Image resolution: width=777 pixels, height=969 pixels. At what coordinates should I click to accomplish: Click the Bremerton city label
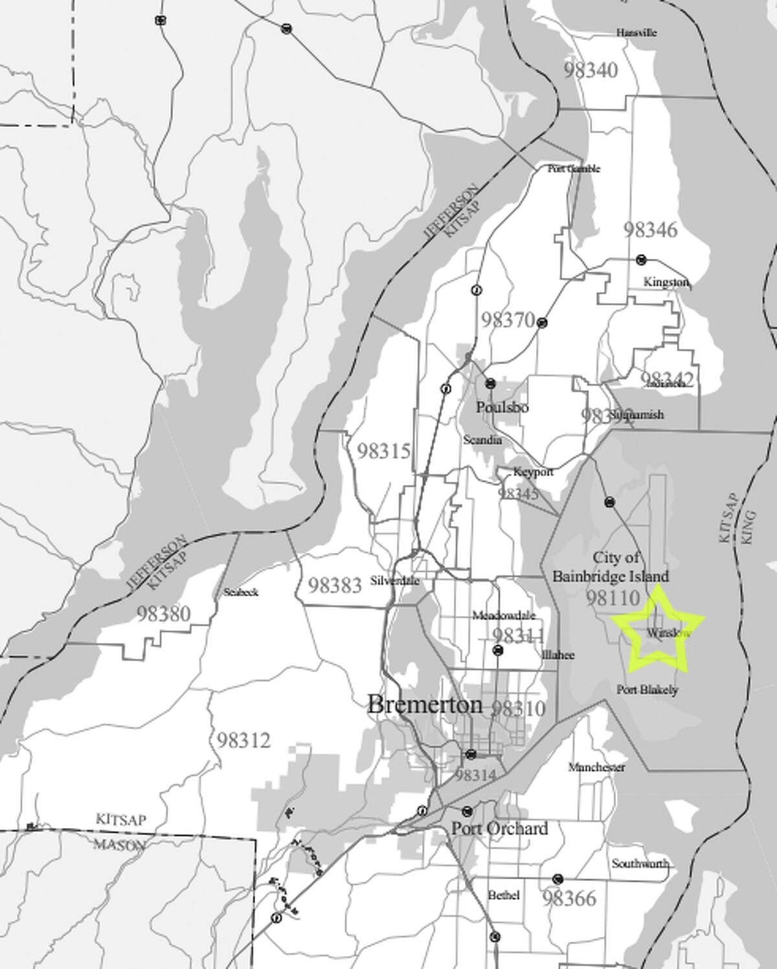pos(425,704)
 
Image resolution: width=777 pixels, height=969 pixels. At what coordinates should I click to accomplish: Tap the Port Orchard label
pos(499,828)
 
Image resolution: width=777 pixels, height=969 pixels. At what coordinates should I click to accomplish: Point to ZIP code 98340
pos(590,70)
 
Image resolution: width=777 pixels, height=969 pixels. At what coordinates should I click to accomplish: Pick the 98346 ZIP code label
pos(651,230)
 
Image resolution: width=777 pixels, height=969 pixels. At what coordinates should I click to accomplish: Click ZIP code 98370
pos(508,320)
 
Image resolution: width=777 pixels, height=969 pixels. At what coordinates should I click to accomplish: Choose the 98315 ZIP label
pos(384,451)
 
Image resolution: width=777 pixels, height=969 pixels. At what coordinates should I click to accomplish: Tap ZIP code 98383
pos(334,585)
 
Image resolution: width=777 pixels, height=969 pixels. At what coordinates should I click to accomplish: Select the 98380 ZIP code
pos(164,613)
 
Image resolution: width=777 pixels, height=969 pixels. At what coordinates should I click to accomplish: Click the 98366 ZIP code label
pos(569,898)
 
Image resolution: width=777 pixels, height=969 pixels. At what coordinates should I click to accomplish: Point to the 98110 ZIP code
pos(613,598)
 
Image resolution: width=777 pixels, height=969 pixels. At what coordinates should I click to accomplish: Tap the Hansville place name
pos(636,32)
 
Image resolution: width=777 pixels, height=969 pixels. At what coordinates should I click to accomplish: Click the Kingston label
pos(666,283)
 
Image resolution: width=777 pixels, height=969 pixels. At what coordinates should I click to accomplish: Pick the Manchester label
pos(596,768)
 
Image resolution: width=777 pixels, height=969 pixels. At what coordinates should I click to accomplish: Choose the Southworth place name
pos(640,864)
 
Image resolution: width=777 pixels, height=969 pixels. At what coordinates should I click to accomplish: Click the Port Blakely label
pos(647,690)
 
